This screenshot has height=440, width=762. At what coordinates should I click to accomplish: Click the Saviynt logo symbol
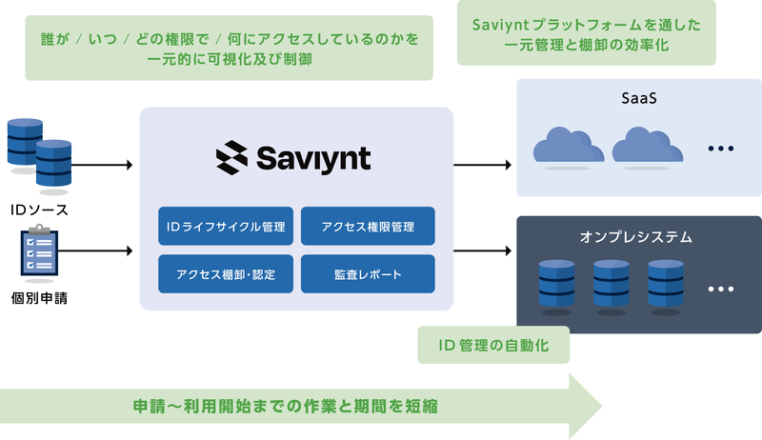[231, 157]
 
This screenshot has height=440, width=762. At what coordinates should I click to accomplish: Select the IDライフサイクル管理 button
[226, 227]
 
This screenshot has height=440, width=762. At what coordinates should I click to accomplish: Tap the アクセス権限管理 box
[368, 227]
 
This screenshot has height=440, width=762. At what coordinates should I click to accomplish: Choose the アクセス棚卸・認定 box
[226, 274]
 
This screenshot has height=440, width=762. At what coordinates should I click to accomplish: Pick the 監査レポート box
[368, 274]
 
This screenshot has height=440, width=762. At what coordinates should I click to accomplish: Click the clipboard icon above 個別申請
[39, 250]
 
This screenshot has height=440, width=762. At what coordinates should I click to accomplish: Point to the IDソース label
[39, 210]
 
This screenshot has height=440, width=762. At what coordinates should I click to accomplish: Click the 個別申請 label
[39, 298]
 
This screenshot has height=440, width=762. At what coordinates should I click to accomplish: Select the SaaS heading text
[639, 98]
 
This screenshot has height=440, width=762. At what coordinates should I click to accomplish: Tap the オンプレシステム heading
[635, 237]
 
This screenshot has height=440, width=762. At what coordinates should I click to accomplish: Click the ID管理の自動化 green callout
[493, 345]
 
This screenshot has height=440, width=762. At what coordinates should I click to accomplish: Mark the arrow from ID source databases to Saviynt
[102, 165]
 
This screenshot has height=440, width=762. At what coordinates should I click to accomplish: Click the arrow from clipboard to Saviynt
[95, 250]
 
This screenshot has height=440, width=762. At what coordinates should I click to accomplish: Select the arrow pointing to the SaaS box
[483, 165]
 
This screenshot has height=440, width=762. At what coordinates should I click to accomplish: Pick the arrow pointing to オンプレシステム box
[483, 250]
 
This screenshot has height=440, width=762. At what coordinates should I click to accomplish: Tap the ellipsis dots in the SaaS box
[721, 149]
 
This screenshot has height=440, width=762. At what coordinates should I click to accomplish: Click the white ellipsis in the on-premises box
[721, 289]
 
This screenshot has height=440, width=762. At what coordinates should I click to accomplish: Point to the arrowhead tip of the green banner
[602, 406]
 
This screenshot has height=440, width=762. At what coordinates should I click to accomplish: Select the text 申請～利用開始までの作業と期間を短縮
[286, 406]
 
